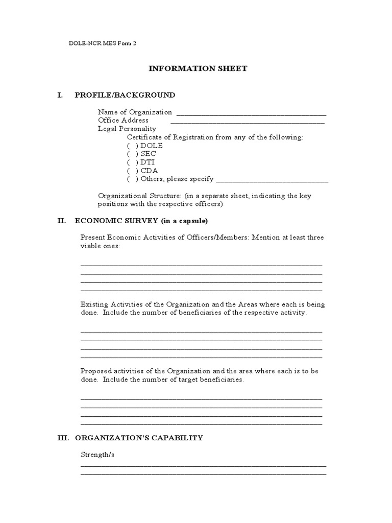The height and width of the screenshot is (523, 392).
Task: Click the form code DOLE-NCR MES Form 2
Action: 103,43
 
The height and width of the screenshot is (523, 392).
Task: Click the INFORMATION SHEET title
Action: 198,68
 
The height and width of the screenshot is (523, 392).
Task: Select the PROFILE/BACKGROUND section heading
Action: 125,95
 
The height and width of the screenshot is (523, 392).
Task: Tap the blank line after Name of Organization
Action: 251,114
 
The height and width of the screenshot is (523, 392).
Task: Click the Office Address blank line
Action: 247,122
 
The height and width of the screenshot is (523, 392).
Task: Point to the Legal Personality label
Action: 127,129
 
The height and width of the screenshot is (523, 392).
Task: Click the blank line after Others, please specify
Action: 272,181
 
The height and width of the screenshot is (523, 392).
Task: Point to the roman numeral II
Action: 61,221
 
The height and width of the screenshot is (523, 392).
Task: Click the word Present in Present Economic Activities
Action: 93,237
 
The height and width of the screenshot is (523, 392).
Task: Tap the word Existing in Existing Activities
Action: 93,304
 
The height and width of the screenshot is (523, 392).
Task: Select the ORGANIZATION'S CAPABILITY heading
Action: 139,438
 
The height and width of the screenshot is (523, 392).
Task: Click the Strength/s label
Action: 97,454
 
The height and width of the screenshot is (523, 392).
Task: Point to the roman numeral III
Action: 62,438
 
